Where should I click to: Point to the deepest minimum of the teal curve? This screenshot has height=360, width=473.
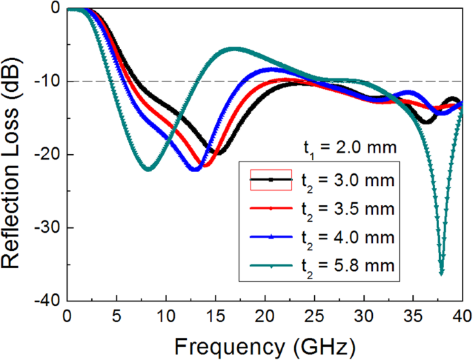point(441,274)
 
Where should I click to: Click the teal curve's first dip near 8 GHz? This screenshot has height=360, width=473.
point(148,169)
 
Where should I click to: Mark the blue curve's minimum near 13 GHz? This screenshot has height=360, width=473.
point(195,169)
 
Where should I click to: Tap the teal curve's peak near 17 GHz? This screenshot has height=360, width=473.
point(235,48)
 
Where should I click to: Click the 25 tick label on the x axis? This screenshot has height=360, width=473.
point(314,316)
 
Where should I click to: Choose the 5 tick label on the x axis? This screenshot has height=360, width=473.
point(116,316)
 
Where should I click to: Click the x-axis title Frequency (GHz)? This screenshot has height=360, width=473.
point(264,343)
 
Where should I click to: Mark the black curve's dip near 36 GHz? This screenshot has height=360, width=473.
point(427,122)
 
